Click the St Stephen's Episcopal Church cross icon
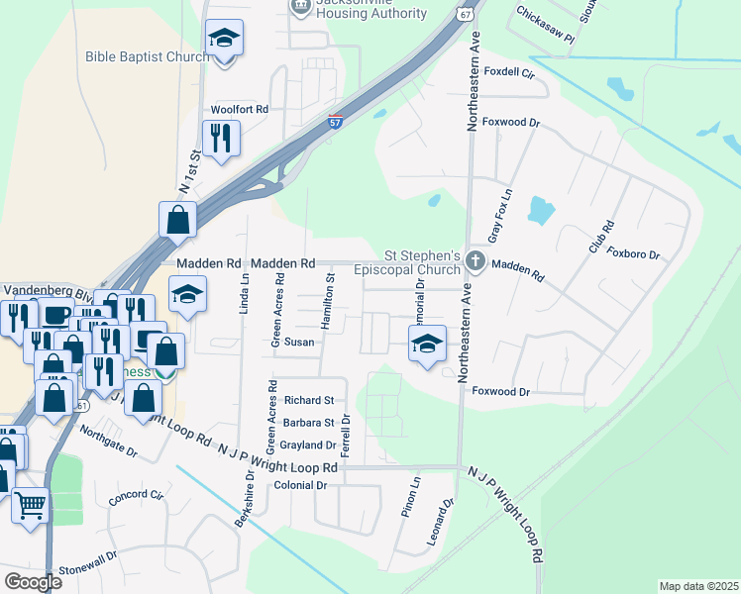click(x=476, y=262)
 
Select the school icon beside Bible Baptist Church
click(x=225, y=40)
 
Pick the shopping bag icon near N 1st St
click(x=176, y=221)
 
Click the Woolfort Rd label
click(x=239, y=110)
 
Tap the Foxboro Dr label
click(x=633, y=253)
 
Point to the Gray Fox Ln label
click(x=500, y=219)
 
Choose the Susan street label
click(x=299, y=343)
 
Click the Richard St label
click(x=308, y=401)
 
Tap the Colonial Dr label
click(x=300, y=485)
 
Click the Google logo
click(x=33, y=581)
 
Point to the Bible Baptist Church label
click(x=148, y=56)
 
